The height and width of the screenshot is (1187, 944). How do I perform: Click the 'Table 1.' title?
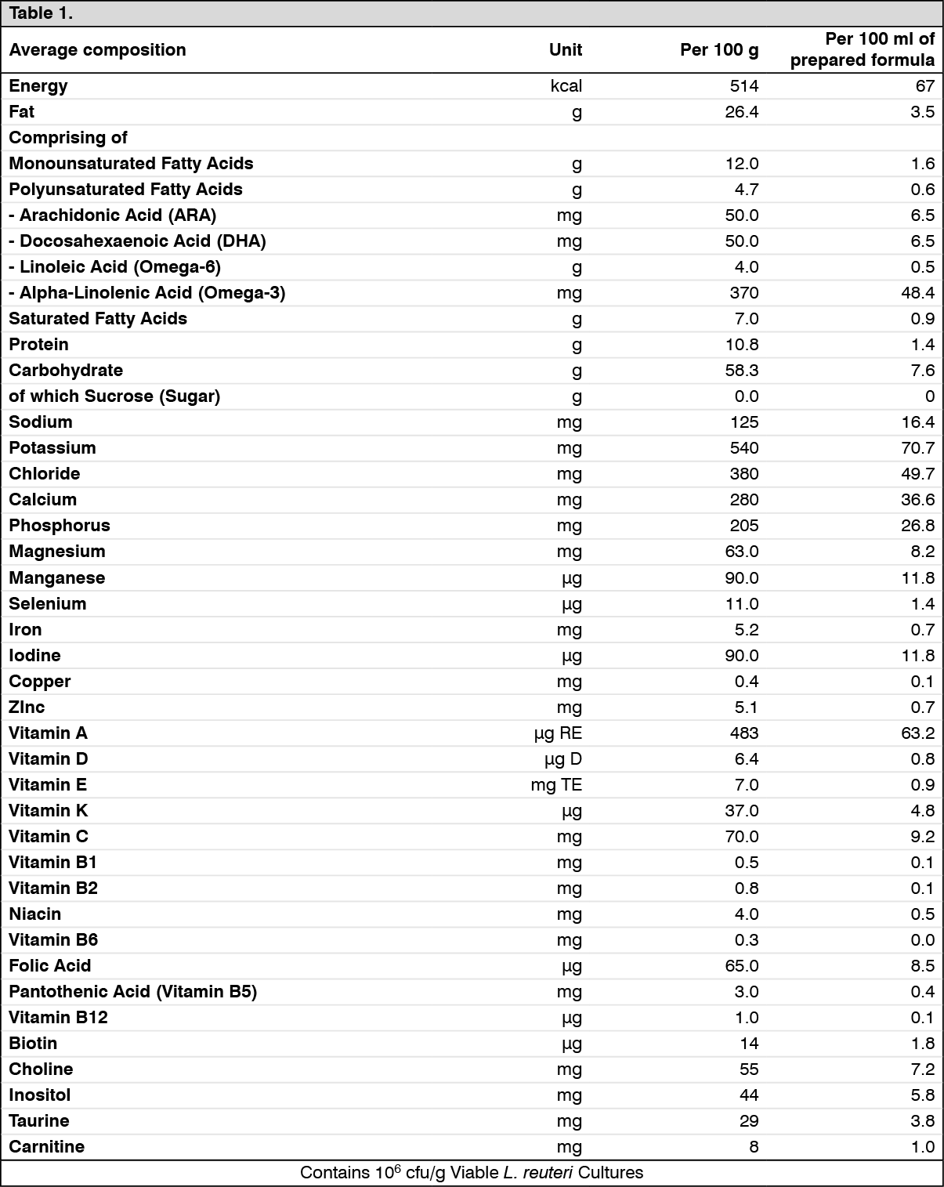(x=41, y=13)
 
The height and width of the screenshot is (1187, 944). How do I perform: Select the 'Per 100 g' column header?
(x=718, y=50)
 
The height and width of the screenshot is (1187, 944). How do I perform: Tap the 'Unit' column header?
(x=565, y=50)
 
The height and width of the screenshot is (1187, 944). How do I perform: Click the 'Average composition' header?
(x=98, y=50)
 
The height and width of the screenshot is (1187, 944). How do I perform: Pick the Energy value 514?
(x=743, y=86)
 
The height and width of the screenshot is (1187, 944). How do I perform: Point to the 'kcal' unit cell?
(x=566, y=86)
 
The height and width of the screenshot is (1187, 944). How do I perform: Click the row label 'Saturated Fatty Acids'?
(x=98, y=319)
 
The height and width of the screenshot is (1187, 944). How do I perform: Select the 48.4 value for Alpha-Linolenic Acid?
(x=917, y=293)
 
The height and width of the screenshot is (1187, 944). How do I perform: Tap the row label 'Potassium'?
(x=52, y=448)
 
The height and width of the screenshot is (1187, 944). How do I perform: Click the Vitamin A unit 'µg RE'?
(x=558, y=733)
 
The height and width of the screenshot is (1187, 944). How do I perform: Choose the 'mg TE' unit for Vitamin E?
(x=556, y=785)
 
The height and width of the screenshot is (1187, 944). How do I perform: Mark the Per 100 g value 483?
(x=743, y=733)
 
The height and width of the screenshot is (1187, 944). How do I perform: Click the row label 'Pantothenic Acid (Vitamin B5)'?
(x=133, y=992)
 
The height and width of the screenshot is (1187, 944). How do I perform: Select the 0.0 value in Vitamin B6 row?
(x=922, y=940)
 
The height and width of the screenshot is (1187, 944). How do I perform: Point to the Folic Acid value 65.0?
(x=741, y=966)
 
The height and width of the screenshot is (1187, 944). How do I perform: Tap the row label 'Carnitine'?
(x=47, y=1147)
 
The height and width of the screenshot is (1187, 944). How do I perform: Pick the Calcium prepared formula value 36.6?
(x=917, y=500)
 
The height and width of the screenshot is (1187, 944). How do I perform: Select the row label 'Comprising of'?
(x=68, y=138)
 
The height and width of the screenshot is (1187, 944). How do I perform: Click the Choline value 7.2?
(x=922, y=1069)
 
